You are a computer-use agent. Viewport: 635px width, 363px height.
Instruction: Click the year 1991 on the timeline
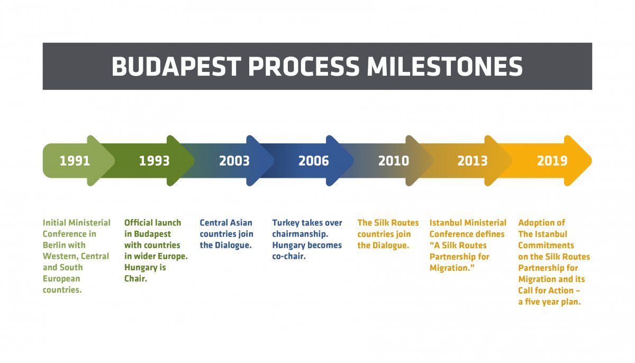(75, 161)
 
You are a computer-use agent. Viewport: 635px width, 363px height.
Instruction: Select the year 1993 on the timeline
(154, 161)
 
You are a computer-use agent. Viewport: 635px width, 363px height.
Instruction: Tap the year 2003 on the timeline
(234, 161)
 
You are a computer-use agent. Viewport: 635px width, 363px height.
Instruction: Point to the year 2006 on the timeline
(313, 161)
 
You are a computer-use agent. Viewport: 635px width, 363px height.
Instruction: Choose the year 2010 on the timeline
(394, 161)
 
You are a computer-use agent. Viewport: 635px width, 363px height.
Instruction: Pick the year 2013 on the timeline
(472, 161)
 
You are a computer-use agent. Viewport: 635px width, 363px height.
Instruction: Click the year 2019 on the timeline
(552, 161)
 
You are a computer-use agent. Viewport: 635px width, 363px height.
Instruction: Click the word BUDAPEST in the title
(176, 66)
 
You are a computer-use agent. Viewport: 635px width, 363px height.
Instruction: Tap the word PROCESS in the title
(304, 66)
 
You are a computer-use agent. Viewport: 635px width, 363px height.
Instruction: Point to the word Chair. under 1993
(135, 278)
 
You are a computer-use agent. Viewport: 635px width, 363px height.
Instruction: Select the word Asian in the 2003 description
(241, 223)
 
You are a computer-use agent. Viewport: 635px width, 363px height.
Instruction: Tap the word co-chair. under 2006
(289, 256)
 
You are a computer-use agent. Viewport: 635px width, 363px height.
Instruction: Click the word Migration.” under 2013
(452, 268)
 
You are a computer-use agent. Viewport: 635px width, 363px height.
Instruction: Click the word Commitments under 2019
(546, 245)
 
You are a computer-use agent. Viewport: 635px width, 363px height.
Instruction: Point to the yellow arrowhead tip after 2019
(592, 161)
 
